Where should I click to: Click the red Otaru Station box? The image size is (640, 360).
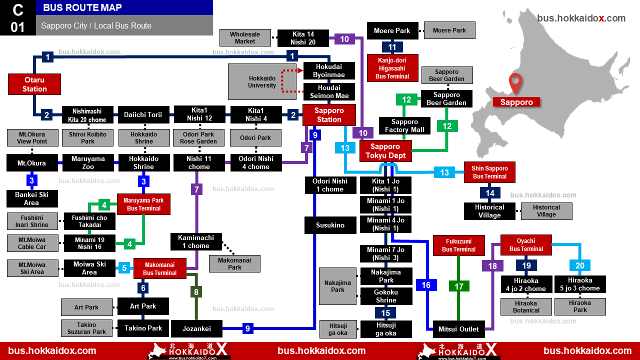point(34,84)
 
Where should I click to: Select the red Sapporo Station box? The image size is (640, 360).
point(329,115)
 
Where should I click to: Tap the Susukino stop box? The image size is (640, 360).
point(330,225)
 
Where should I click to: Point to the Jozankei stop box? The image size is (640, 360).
point(196,328)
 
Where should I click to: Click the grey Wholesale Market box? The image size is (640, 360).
point(245,37)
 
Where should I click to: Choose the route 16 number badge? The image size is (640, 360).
point(426,285)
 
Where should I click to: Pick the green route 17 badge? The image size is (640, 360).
point(459,286)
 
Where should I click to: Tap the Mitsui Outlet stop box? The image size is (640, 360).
point(458,329)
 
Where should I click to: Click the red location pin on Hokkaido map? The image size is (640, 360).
point(515,83)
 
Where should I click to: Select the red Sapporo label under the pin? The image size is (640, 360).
point(516,102)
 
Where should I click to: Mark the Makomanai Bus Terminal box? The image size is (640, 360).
point(159,268)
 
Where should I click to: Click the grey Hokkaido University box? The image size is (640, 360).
point(262,81)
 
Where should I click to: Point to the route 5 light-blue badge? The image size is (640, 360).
point(124,268)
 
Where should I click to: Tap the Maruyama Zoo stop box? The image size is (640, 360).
point(88,162)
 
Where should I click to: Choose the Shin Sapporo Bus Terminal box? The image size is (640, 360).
point(489,172)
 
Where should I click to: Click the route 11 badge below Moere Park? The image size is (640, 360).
point(392,47)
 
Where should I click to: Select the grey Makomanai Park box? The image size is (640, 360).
point(234,263)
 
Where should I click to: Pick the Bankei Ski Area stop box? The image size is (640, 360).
point(32,198)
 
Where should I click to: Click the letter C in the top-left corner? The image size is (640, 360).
point(17,10)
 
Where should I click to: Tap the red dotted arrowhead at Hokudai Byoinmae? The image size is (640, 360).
point(300,70)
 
